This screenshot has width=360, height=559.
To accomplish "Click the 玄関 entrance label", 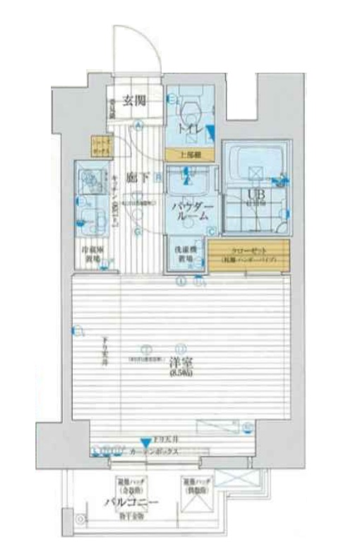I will pos(134,100).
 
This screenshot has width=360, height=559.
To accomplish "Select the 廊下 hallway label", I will pos(137,178).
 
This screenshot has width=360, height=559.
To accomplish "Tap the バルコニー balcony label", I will pos(131,503).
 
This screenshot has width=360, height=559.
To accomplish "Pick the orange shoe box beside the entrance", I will pos(102,146).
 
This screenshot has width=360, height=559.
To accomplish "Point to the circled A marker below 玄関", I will pos(139,126).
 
